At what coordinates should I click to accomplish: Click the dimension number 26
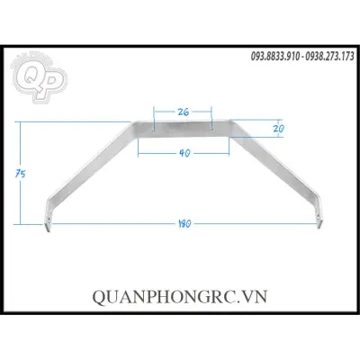(x=184, y=112)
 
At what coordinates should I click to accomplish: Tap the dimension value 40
(x=184, y=153)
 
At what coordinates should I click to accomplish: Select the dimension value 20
(x=278, y=129)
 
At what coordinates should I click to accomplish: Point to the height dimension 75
(x=21, y=174)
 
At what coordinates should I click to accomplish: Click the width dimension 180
(x=184, y=224)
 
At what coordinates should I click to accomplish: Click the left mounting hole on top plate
(x=154, y=130)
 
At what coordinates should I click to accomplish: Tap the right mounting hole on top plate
(x=211, y=130)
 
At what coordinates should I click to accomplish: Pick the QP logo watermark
(x=39, y=78)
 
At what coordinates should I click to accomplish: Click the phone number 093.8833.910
(x=275, y=56)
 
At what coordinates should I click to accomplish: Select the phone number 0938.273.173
(x=329, y=56)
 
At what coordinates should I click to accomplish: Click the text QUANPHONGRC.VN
(x=180, y=297)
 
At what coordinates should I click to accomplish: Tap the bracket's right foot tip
(x=319, y=227)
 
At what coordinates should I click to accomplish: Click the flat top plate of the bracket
(x=183, y=129)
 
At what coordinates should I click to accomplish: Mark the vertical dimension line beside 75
(x=21, y=173)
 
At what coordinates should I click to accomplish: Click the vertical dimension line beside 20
(x=279, y=129)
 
